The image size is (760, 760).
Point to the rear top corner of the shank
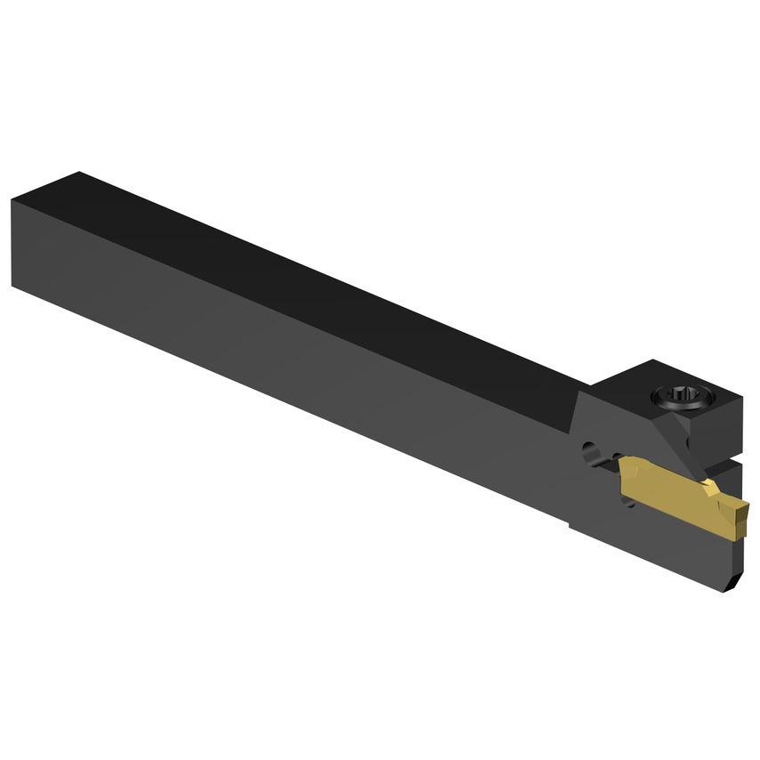click(x=79, y=173)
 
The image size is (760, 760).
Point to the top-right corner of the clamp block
click(x=740, y=397)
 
